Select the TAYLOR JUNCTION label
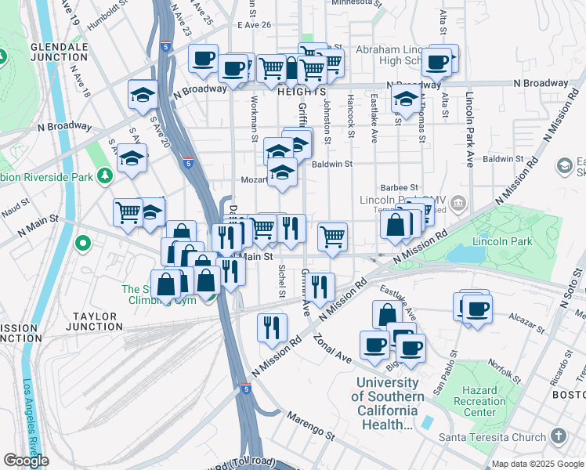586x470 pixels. (x=94, y=322)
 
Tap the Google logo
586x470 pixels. (x=27, y=461)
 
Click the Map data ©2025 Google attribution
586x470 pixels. (x=537, y=464)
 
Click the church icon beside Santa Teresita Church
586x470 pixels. (x=559, y=435)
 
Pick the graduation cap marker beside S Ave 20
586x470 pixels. (x=132, y=159)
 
